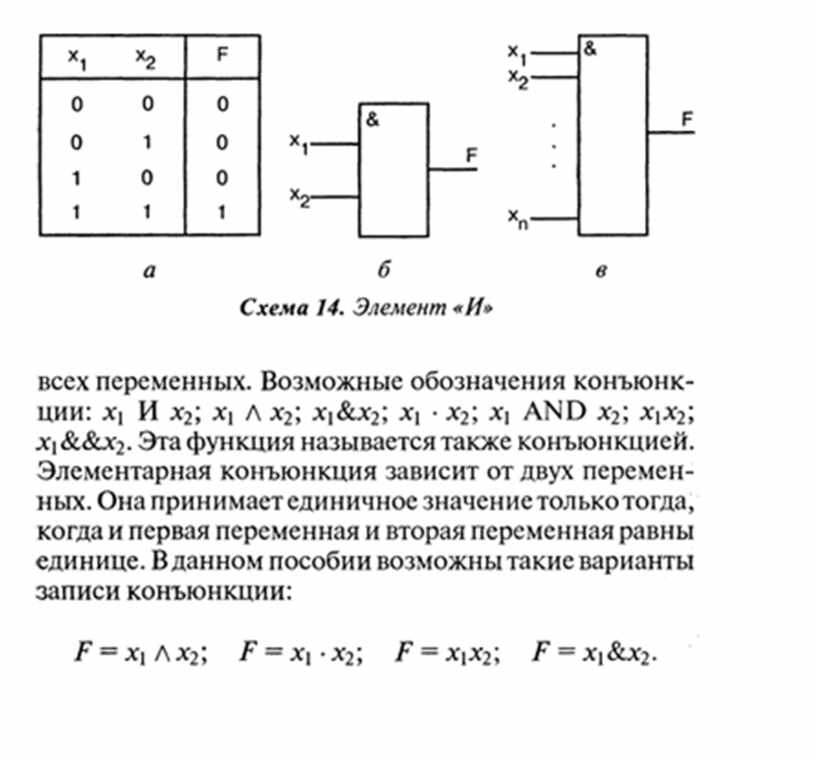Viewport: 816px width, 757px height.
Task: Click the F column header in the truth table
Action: tap(222, 54)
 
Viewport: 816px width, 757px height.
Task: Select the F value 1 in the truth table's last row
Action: tap(222, 212)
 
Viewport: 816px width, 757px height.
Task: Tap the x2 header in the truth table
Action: tap(146, 58)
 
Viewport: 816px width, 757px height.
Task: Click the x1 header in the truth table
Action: tap(78, 58)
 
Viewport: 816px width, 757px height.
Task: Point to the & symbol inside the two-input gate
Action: tap(373, 120)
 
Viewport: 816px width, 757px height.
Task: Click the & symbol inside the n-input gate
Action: tap(591, 49)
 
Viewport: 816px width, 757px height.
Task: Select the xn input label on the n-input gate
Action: tap(518, 219)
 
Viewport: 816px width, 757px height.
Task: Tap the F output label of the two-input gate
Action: tap(471, 155)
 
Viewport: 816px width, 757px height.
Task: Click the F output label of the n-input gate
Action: tap(687, 119)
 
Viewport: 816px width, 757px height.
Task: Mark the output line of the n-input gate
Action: tap(671, 133)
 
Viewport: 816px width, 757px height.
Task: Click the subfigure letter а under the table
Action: tap(149, 270)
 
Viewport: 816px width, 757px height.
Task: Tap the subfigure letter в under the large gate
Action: tap(601, 270)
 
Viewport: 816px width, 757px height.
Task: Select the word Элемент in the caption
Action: tap(400, 308)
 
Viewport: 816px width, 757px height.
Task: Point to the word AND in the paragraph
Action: tap(555, 412)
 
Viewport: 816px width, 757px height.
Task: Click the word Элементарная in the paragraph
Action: tap(124, 472)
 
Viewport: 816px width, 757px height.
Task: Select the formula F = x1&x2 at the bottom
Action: tap(594, 652)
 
